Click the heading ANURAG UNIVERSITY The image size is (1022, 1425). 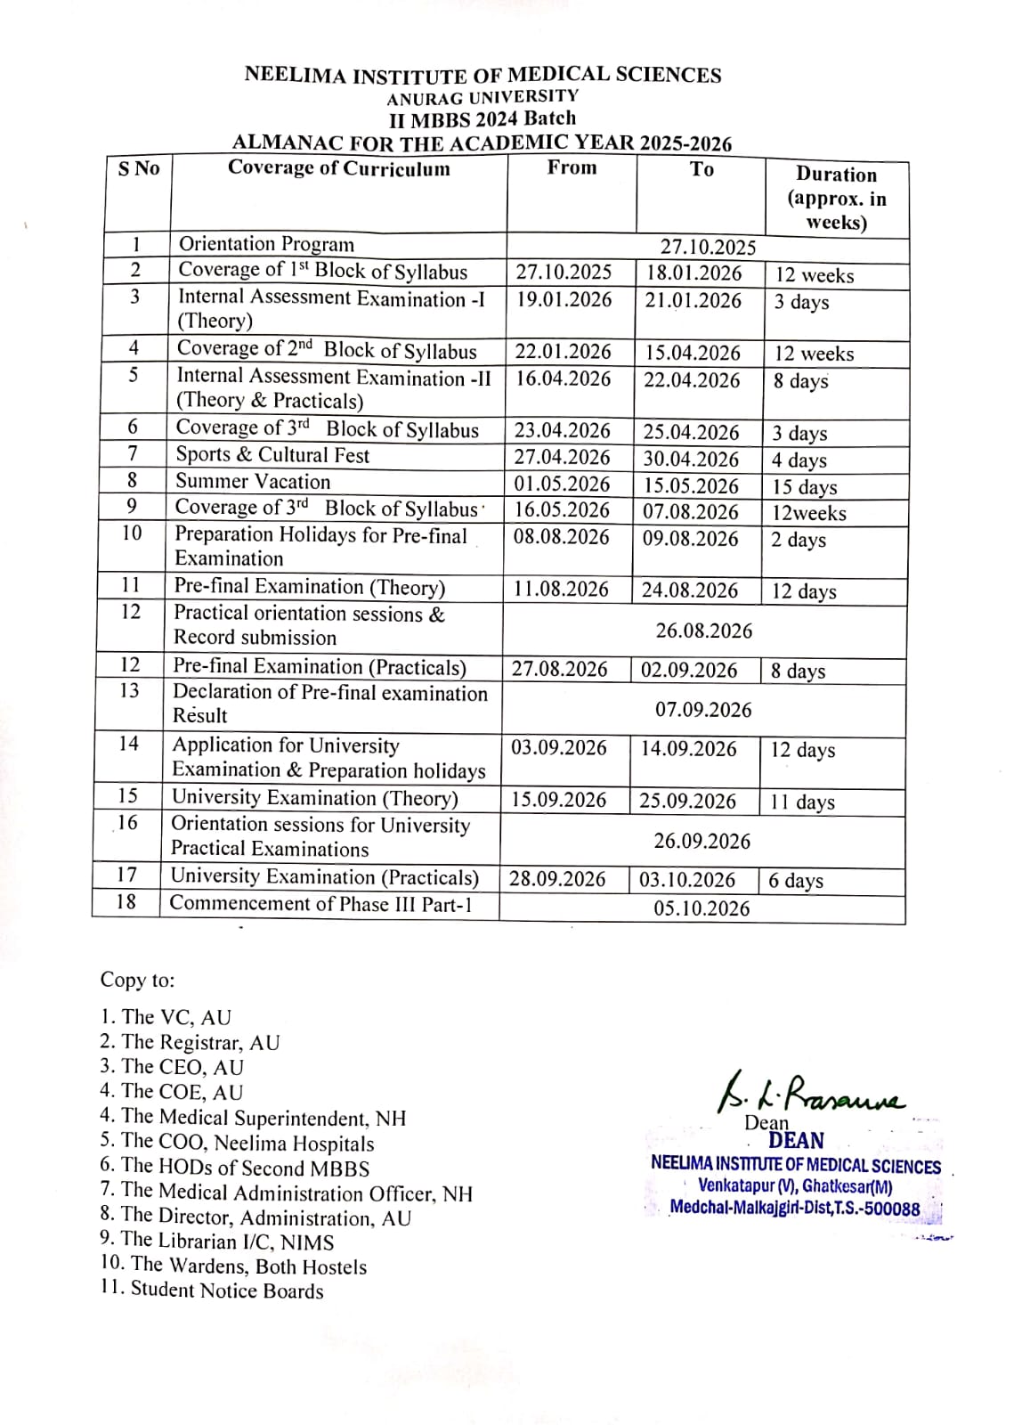tap(482, 97)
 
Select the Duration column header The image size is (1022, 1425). tap(836, 198)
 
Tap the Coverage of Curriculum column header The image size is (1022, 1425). tap(338, 168)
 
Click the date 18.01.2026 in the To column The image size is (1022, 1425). tap(693, 273)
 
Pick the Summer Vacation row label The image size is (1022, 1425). tap(253, 482)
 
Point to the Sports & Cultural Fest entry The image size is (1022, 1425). tap(272, 455)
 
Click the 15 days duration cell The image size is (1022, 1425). tap(804, 487)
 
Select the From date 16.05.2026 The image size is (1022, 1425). tap(562, 510)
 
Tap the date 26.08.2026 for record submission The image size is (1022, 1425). tap(703, 631)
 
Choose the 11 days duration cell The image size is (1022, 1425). tap(802, 802)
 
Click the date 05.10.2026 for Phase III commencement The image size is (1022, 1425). tap(702, 908)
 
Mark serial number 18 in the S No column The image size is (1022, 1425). tap(126, 902)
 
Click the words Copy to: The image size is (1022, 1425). tap(137, 980)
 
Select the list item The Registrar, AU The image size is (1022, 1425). tap(190, 1042)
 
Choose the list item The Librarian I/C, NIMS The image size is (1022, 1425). tap(217, 1241)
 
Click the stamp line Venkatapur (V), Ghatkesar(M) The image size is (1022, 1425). tap(794, 1185)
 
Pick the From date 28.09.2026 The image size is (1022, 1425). tap(556, 879)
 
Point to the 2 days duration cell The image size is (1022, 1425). tap(798, 540)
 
